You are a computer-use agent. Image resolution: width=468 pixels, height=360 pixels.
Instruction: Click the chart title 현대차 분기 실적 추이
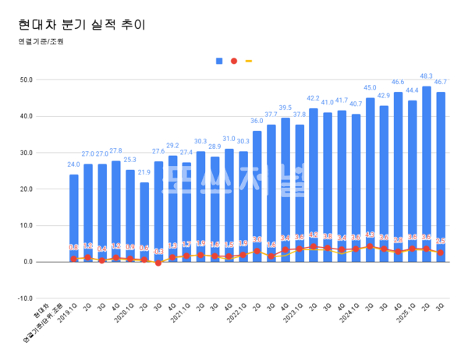click(82, 24)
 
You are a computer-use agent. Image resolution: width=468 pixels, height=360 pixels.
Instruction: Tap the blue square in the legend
click(219, 61)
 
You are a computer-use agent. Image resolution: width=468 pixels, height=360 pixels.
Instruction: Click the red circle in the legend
click(234, 61)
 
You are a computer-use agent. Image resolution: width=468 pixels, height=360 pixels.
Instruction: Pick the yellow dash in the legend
click(249, 61)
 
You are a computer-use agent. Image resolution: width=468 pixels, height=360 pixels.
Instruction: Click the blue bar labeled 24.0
click(74, 218)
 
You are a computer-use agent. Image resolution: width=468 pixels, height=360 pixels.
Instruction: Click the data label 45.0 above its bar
click(370, 88)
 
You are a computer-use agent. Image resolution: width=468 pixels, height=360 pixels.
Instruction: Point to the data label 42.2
click(314, 98)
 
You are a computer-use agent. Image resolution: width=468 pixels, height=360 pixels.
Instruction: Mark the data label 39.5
click(285, 108)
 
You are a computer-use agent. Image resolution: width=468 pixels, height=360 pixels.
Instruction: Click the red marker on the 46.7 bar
click(441, 252)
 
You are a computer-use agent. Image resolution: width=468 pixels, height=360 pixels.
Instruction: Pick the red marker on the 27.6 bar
click(158, 263)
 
